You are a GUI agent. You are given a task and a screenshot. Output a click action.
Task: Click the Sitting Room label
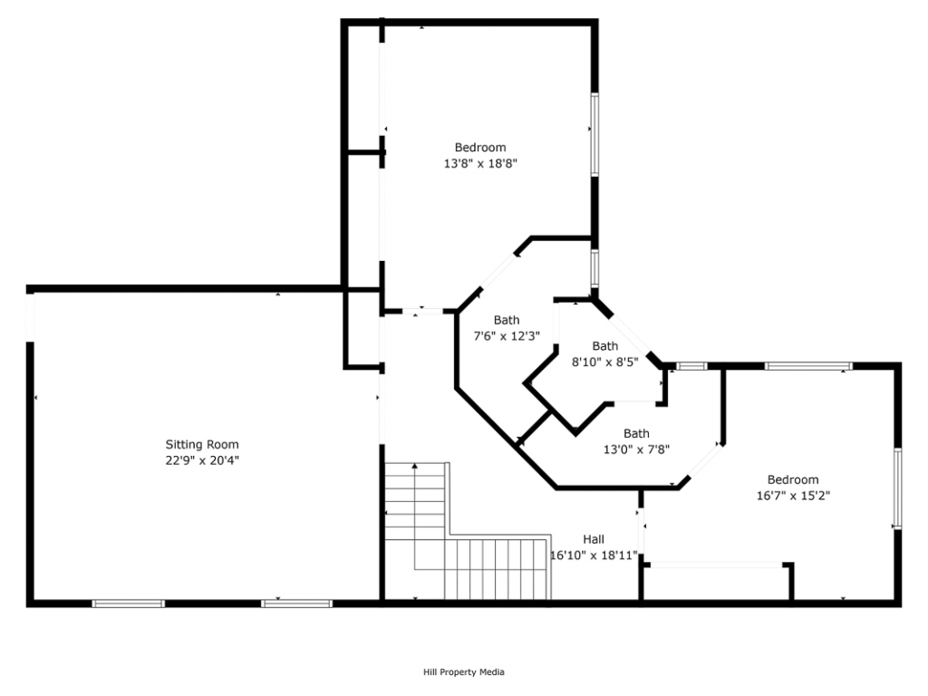click(202, 444)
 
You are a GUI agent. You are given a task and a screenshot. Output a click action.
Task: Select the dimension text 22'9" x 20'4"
click(202, 460)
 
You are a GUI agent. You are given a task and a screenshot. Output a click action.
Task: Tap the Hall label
click(594, 539)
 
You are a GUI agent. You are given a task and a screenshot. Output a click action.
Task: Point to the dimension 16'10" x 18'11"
click(594, 556)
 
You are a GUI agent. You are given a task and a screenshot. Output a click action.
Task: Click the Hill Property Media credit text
click(464, 672)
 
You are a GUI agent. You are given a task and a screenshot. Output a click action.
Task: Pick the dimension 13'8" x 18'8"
click(480, 163)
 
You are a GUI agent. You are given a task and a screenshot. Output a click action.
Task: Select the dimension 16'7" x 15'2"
click(793, 496)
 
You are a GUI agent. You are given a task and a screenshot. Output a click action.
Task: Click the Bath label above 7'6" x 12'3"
click(507, 320)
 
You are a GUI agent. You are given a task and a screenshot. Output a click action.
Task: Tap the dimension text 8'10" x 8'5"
click(604, 362)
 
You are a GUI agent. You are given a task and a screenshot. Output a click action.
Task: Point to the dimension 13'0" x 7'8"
click(636, 449)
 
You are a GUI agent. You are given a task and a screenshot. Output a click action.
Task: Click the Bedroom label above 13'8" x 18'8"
click(480, 148)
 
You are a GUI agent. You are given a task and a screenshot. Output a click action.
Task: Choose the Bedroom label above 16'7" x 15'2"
click(793, 479)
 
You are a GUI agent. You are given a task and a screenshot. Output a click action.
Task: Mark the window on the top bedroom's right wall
click(594, 134)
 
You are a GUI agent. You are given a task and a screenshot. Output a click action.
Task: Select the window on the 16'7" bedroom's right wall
click(897, 488)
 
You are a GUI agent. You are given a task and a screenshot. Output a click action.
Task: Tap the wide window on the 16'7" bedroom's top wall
click(808, 366)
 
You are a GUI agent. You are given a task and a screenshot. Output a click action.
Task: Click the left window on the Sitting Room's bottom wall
click(129, 604)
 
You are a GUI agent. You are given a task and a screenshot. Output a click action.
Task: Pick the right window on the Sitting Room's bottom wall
click(296, 604)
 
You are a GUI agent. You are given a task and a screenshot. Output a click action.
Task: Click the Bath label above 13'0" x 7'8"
click(636, 434)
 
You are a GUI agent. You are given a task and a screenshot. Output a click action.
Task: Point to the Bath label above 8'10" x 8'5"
click(604, 346)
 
